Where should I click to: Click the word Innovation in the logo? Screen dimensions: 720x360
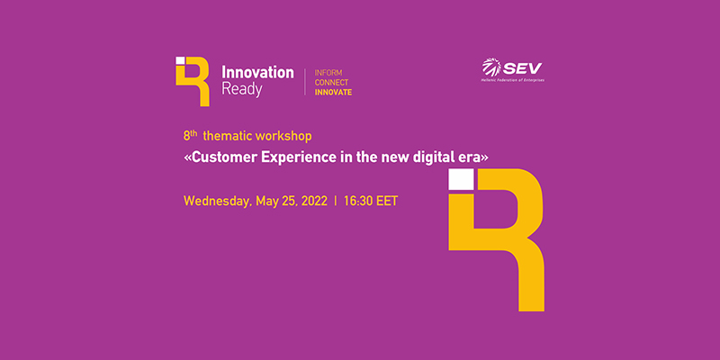pyautogui.click(x=257, y=72)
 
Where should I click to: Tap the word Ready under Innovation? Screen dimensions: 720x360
pyautogui.click(x=241, y=89)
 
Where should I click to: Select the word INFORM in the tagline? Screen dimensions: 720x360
pyautogui.click(x=328, y=73)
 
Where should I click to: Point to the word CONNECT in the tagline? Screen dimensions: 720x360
pyautogui.click(x=331, y=83)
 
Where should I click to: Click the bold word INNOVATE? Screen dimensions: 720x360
pyautogui.click(x=333, y=93)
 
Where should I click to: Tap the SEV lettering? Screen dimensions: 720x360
pyautogui.click(x=523, y=69)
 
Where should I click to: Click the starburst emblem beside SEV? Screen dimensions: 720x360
pyautogui.click(x=491, y=67)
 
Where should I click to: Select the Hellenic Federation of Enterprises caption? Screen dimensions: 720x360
pyautogui.click(x=512, y=80)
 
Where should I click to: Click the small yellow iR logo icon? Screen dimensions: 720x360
pyautogui.click(x=193, y=82)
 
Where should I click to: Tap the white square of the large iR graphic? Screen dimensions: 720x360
pyautogui.click(x=461, y=179)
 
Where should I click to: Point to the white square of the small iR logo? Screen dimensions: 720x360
pyautogui.click(x=180, y=60)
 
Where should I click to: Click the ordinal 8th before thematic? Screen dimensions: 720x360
pyautogui.click(x=190, y=136)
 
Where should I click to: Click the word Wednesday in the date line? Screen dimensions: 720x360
pyautogui.click(x=218, y=202)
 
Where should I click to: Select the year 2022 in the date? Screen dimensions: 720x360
pyautogui.click(x=314, y=201)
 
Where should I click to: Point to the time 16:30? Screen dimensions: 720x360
pyautogui.click(x=357, y=201)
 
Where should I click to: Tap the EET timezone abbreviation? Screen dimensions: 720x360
pyautogui.click(x=387, y=201)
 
